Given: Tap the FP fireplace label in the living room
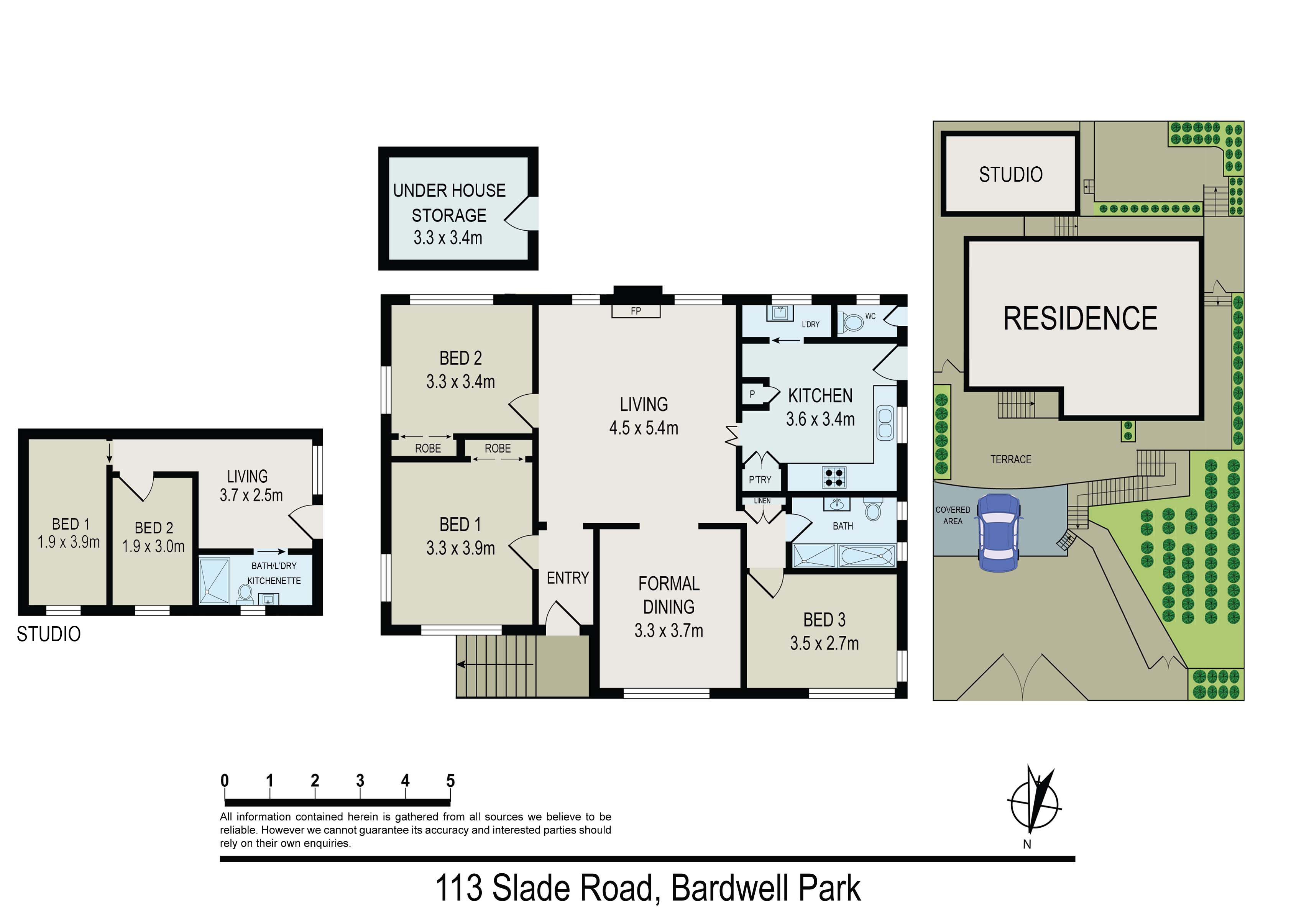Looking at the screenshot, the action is pyautogui.click(x=636, y=311).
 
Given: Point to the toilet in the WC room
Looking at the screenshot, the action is pyautogui.click(x=851, y=323).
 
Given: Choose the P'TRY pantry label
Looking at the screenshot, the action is pyautogui.click(x=760, y=480).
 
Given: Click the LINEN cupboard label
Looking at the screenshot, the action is pyautogui.click(x=762, y=501).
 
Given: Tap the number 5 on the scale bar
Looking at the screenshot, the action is pyautogui.click(x=450, y=781).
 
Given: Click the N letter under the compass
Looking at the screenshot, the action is pyautogui.click(x=1027, y=844).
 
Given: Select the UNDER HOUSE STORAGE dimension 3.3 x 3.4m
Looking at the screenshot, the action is pyautogui.click(x=448, y=238).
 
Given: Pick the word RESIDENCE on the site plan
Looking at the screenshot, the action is pyautogui.click(x=1080, y=318).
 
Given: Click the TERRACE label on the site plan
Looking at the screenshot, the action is pyautogui.click(x=1011, y=459).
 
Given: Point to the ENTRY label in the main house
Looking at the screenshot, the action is pyautogui.click(x=568, y=578).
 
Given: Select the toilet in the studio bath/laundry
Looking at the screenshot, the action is pyautogui.click(x=245, y=592).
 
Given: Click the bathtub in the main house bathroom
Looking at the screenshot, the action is pyautogui.click(x=866, y=556).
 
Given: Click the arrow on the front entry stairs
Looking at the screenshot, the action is pyautogui.click(x=495, y=664).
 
